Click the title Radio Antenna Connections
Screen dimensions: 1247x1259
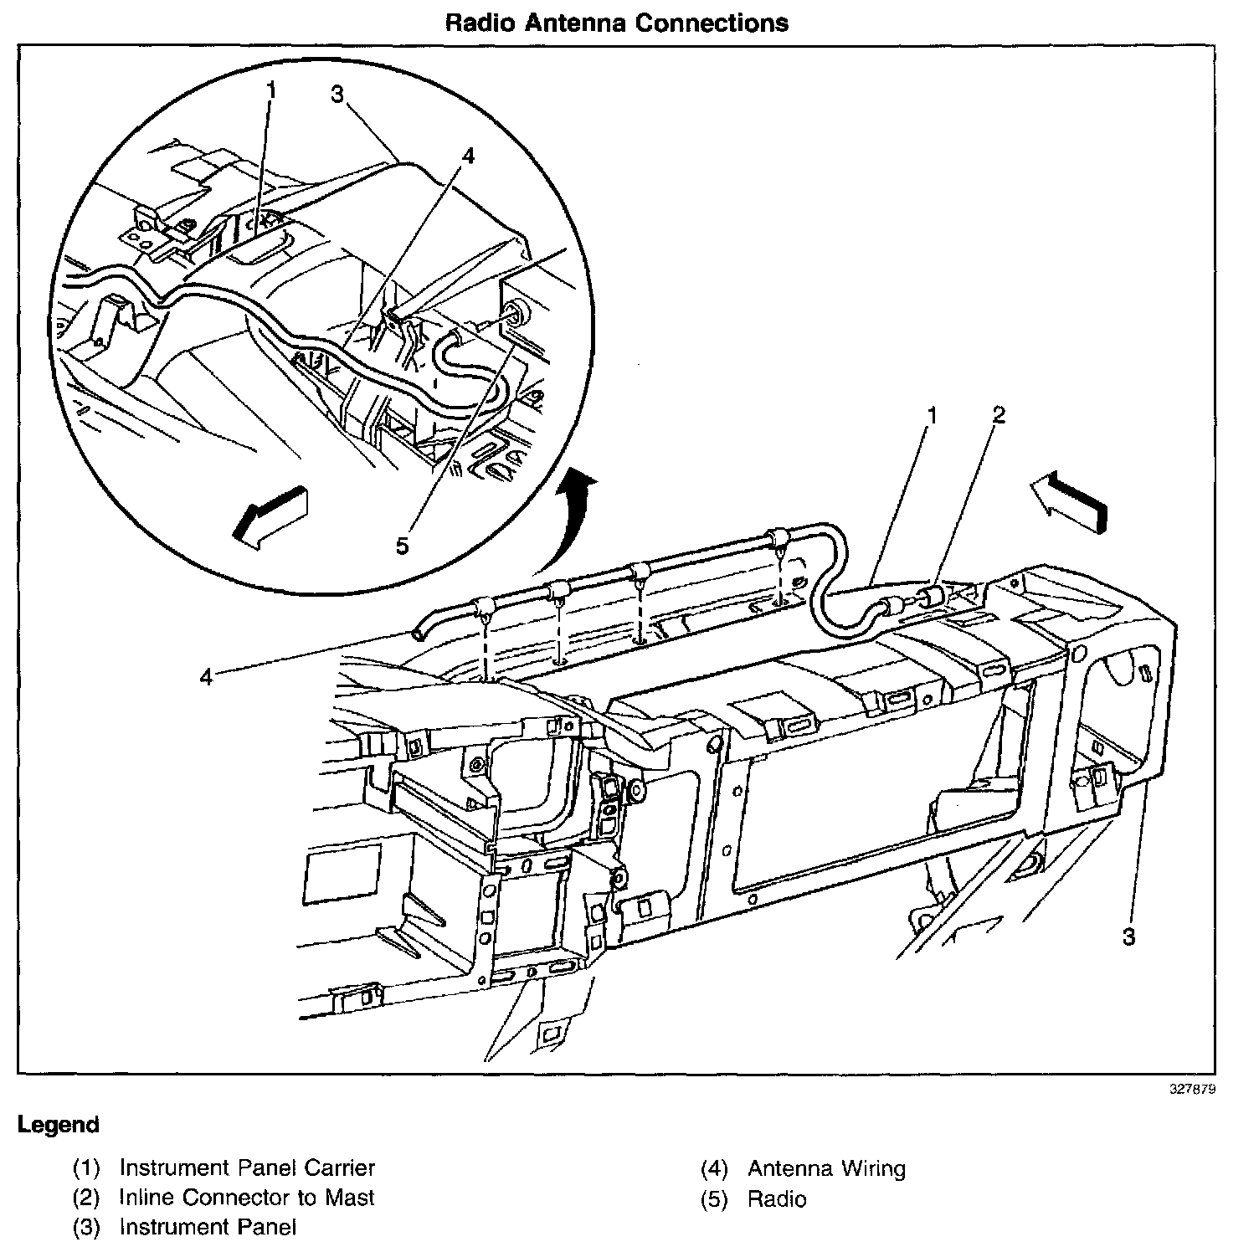coord(616,22)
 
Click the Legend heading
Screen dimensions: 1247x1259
coord(58,1125)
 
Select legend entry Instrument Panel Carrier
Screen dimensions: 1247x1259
coord(247,1167)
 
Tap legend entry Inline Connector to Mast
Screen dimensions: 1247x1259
coord(246,1198)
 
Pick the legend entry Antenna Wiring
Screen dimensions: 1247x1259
coord(826,1168)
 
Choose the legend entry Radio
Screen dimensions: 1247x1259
coord(777,1199)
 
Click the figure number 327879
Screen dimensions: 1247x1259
coord(1193,1090)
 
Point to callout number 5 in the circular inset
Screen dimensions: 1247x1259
coord(402,546)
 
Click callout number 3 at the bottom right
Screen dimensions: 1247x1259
coord(1128,937)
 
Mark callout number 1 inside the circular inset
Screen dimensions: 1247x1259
coord(271,89)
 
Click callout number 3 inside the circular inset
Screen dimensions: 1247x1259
coord(337,95)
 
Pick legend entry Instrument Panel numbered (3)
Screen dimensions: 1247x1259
coord(208,1228)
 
